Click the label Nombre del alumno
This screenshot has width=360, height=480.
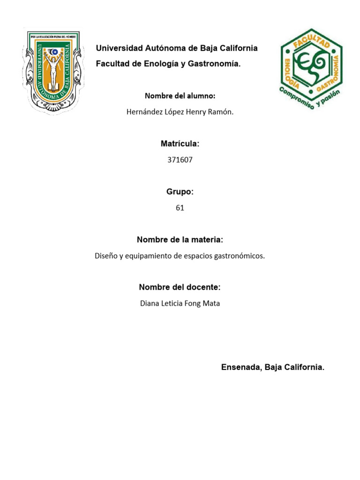coord(180,96)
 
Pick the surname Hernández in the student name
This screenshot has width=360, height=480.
coord(143,112)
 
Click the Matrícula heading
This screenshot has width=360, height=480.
coord(180,143)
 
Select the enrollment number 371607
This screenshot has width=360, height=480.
coord(180,160)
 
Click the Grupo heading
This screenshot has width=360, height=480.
coord(180,192)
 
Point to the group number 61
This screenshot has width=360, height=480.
coord(180,208)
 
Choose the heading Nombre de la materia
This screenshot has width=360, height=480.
coord(180,240)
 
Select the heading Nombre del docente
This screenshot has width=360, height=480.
coord(180,287)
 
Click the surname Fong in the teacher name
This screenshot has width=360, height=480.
coord(192,303)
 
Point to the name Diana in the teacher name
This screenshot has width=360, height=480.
coord(150,303)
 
